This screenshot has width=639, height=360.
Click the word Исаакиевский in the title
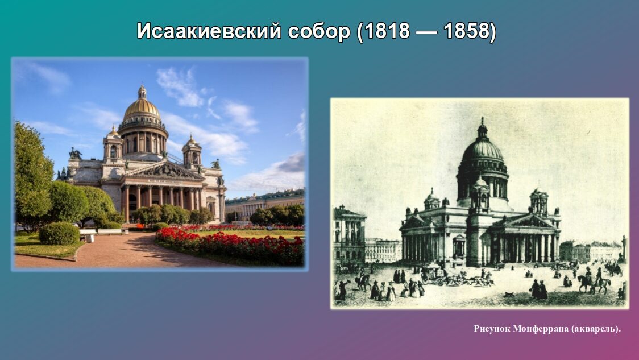(209, 31)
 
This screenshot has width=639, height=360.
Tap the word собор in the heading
(319, 31)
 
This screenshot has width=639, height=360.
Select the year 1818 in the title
(387, 31)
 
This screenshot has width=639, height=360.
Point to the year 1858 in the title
(467, 31)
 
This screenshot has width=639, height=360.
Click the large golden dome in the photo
(142, 109)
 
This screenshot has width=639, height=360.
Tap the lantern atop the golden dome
(142, 92)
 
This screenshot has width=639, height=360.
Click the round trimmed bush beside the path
(60, 234)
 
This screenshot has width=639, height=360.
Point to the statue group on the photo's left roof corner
(75, 154)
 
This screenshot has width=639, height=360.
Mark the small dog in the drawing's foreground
(508, 293)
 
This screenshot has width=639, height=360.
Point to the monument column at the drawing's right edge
(624, 249)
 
